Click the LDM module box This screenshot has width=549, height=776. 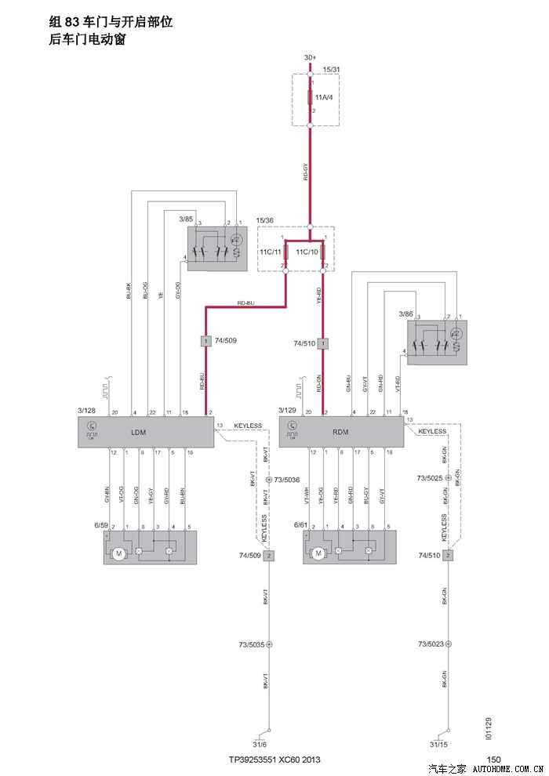pos(145,432)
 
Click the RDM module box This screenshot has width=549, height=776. pos(341,432)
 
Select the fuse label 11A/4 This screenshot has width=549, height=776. pos(324,97)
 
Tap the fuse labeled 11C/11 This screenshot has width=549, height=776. pos(285,252)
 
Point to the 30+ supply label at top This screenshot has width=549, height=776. pos(310,58)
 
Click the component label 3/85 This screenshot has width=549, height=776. pos(186,218)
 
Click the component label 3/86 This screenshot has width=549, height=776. pos(405,314)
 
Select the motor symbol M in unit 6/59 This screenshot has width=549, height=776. pos(119,553)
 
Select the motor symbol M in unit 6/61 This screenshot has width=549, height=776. pos(318,553)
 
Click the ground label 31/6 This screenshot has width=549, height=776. pos(260,744)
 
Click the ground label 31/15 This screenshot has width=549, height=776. pos(439,744)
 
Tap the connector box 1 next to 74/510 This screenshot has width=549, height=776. pos(322,343)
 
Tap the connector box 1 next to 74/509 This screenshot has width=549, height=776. pos(205,341)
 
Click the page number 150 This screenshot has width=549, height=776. pos(493,760)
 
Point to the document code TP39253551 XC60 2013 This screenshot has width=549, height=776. pos(274,760)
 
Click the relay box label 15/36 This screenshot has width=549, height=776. pos(265,220)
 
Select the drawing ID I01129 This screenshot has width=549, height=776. pos(488,730)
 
